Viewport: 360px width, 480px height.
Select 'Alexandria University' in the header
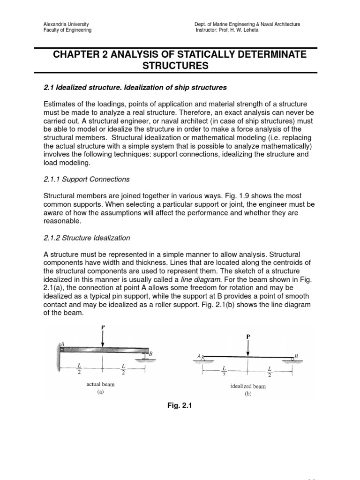[66, 24]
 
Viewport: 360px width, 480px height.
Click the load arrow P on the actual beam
[103, 337]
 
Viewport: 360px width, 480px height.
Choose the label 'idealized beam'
[248, 386]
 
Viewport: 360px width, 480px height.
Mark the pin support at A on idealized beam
[203, 359]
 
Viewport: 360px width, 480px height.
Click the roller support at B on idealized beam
[292, 359]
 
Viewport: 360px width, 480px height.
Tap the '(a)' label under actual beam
[100, 392]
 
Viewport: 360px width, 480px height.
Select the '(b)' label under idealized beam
[248, 394]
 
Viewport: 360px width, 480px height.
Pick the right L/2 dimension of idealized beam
[270, 372]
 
